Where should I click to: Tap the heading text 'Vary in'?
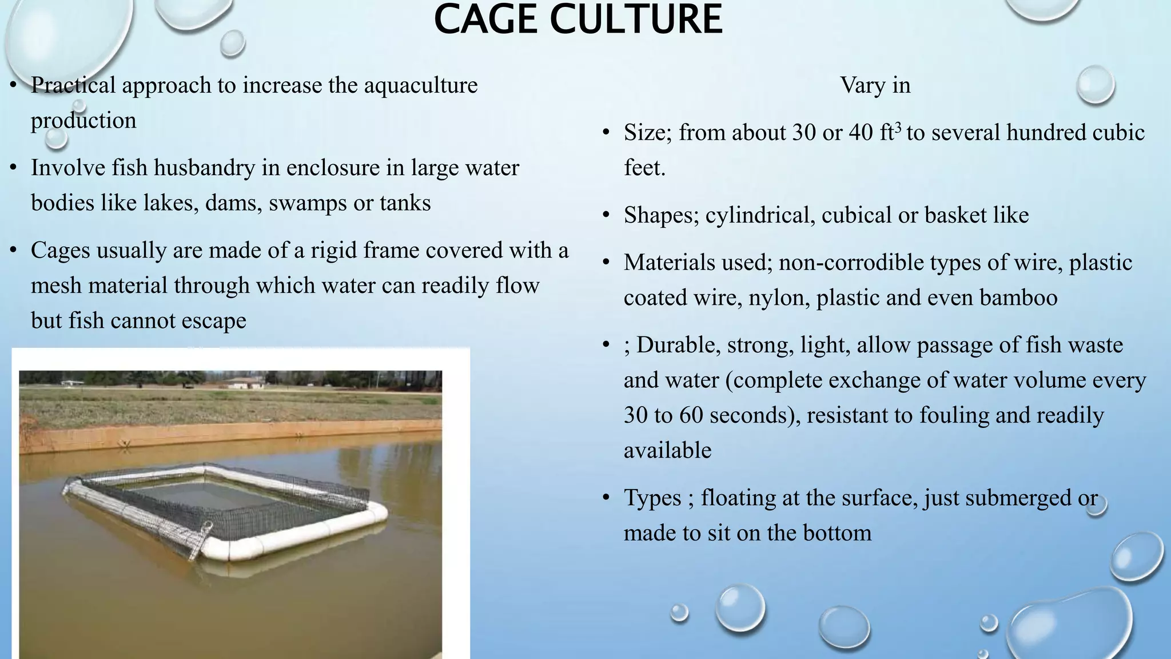(875, 85)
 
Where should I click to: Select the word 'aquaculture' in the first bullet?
(420, 85)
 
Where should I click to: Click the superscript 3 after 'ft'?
(898, 127)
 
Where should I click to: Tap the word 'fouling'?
(954, 415)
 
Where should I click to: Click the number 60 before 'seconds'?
(691, 415)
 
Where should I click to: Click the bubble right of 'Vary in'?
(1095, 85)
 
